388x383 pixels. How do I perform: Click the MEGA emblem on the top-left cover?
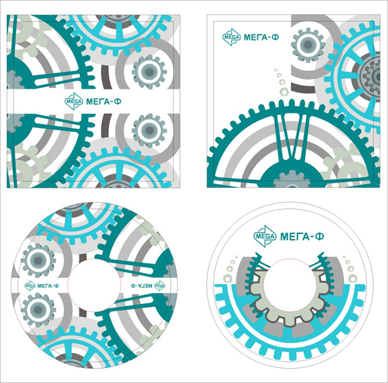point(74,101)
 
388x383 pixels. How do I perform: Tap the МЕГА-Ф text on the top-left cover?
point(104,102)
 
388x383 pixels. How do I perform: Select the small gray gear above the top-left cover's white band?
point(149,72)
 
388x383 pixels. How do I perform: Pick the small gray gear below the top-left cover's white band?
point(149,130)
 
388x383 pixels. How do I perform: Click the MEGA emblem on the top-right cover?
point(231,37)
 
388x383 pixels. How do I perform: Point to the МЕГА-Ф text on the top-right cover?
point(261,38)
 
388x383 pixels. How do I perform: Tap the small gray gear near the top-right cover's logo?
point(308,45)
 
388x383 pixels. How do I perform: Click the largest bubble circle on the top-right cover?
point(284,91)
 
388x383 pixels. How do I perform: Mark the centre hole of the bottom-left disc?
point(94,285)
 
